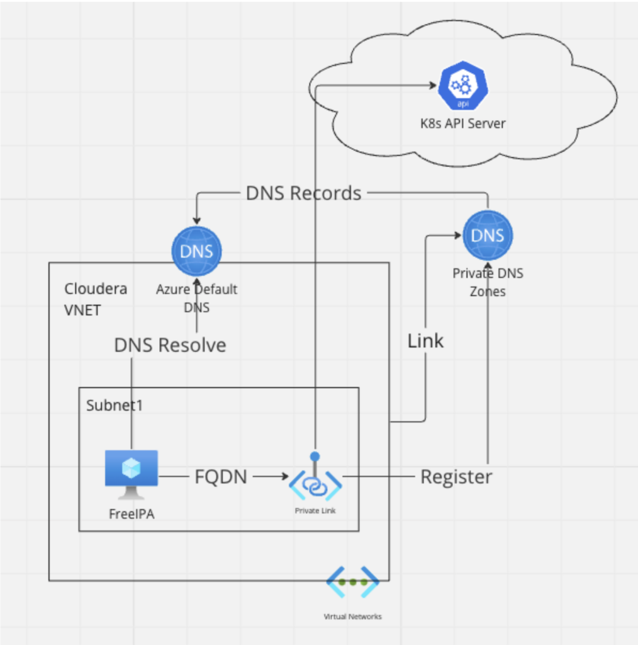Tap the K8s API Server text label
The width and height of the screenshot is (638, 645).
463,123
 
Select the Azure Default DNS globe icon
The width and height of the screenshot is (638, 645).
196,251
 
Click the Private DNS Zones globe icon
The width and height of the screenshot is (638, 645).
488,236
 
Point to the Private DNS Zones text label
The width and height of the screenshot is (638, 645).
488,283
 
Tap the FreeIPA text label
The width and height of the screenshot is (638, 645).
132,513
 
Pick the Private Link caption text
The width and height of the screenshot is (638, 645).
315,511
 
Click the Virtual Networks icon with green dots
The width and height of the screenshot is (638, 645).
352,582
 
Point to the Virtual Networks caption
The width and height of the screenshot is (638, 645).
352,617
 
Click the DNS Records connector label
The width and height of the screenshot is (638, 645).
303,193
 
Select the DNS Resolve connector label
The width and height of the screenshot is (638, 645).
170,345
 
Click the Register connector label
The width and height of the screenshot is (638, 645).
456,477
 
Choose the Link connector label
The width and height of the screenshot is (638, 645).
425,341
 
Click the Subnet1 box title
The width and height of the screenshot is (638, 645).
115,405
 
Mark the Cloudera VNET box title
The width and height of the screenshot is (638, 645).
96,299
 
